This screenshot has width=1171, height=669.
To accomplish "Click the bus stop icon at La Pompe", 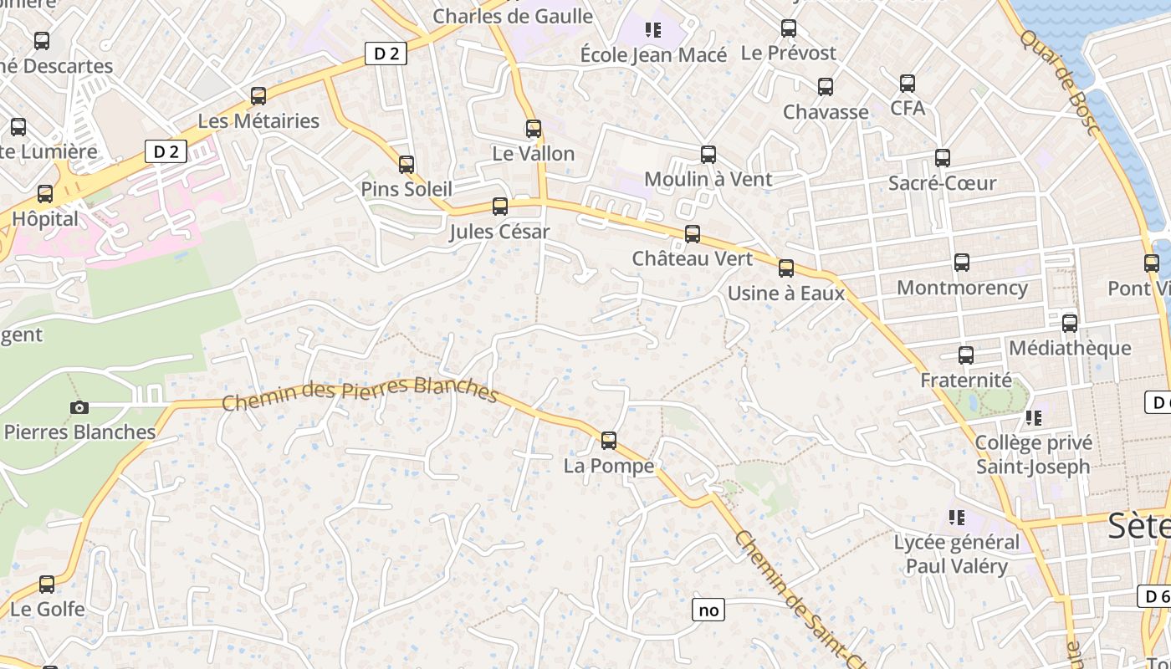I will (x=609, y=440).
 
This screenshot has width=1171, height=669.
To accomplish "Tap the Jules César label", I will (x=499, y=232).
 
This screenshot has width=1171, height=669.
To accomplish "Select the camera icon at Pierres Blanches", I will (x=79, y=407).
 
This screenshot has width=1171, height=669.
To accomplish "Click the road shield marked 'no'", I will (x=708, y=610).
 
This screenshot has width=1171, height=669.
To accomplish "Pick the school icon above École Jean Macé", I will (x=653, y=31).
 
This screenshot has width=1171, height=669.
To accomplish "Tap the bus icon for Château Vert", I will (x=693, y=233).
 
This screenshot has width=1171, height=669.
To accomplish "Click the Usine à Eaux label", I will (x=786, y=294).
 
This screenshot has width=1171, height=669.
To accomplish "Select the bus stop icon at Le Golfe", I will (x=47, y=584).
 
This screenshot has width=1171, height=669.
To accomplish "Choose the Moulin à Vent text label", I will (x=708, y=179).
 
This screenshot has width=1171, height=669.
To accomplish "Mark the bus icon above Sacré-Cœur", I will (x=943, y=157).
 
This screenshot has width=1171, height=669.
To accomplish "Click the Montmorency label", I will (x=962, y=288).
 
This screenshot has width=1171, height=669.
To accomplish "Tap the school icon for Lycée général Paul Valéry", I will (x=957, y=518).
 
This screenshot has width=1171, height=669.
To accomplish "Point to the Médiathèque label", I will (x=1070, y=348).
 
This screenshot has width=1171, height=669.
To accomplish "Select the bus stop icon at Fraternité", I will (x=966, y=355).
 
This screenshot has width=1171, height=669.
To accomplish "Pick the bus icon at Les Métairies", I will (x=258, y=96).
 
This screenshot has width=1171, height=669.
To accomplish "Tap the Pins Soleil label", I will (x=407, y=189).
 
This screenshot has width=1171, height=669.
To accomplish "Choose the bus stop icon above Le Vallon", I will (x=534, y=129).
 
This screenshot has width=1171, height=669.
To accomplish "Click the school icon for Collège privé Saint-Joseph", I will (x=1034, y=417).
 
